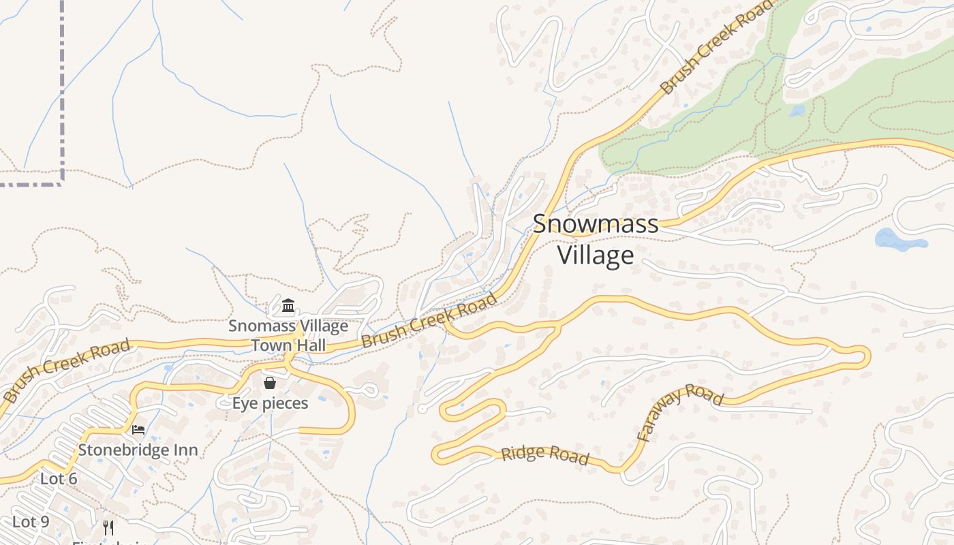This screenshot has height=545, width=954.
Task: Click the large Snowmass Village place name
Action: (596, 239)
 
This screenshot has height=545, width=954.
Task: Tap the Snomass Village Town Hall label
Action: (288, 335)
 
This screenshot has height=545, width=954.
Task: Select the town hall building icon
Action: (288, 305)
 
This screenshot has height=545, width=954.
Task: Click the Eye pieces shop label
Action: (270, 403)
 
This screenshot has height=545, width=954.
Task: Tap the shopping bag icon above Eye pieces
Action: (270, 383)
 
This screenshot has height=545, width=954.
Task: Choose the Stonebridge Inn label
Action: (138, 450)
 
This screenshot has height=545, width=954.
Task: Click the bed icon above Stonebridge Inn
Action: (138, 430)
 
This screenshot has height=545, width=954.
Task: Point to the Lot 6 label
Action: (59, 479)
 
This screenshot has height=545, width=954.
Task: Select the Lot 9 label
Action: (31, 522)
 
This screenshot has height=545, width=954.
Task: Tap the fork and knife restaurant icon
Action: (108, 527)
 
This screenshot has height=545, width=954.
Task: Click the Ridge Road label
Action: (545, 455)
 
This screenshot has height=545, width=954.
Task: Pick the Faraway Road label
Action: (679, 411)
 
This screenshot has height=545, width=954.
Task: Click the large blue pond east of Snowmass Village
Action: (898, 240)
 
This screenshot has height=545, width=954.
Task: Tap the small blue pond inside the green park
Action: (797, 110)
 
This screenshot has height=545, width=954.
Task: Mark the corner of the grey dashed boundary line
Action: (62, 183)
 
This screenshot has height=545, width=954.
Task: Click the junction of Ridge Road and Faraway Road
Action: (621, 470)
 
